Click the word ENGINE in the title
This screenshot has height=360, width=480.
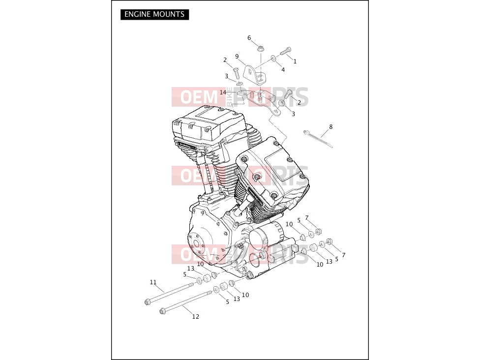137,14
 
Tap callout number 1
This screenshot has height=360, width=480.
295,61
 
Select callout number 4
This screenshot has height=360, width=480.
283,70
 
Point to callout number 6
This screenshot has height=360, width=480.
249,38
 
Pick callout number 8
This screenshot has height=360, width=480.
330,126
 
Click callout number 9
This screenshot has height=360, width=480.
237,57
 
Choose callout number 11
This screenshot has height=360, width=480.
153,282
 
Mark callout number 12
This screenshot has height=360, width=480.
196,317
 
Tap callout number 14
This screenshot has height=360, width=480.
223,92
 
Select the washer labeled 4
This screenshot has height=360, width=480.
273,59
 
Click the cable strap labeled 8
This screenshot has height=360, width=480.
318,139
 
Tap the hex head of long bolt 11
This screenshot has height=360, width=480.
147,302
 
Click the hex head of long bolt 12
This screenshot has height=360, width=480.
162,312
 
